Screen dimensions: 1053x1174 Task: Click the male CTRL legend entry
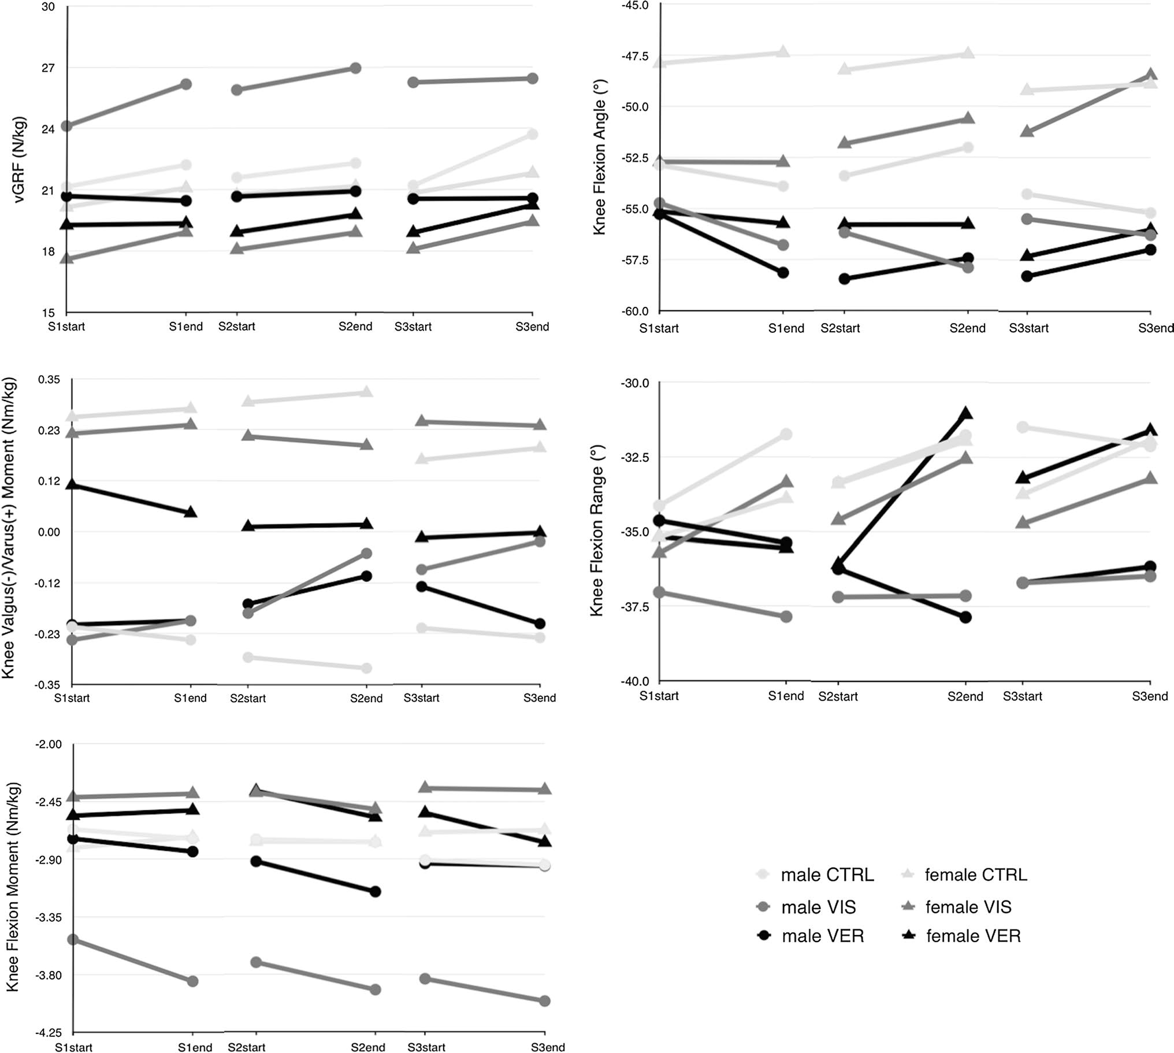pyautogui.click(x=826, y=875)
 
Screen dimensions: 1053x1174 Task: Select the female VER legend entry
pyautogui.click(x=973, y=936)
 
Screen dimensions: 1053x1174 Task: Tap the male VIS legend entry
pyautogui.click(x=818, y=907)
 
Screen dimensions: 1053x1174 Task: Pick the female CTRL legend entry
pyautogui.click(x=975, y=875)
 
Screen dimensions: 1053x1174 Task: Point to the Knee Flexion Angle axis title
pyautogui.click(x=599, y=167)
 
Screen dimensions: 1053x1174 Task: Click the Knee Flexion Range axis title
pyautogui.click(x=596, y=531)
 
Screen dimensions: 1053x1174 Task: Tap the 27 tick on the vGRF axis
pyautogui.click(x=48, y=68)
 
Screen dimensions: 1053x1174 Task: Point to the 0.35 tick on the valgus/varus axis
pyautogui.click(x=49, y=380)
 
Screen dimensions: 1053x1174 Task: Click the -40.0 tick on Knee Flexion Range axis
pyautogui.click(x=635, y=681)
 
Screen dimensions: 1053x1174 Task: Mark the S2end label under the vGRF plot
pyautogui.click(x=355, y=327)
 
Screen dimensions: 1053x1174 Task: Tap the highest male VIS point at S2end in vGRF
pyautogui.click(x=356, y=68)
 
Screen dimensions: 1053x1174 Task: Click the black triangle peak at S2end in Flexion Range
pyautogui.click(x=965, y=414)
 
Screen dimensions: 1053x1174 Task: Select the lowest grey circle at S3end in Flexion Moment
pyautogui.click(x=544, y=1001)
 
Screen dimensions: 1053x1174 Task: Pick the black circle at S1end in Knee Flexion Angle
pyautogui.click(x=782, y=273)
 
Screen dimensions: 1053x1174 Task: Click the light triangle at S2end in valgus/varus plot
pyautogui.click(x=366, y=392)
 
